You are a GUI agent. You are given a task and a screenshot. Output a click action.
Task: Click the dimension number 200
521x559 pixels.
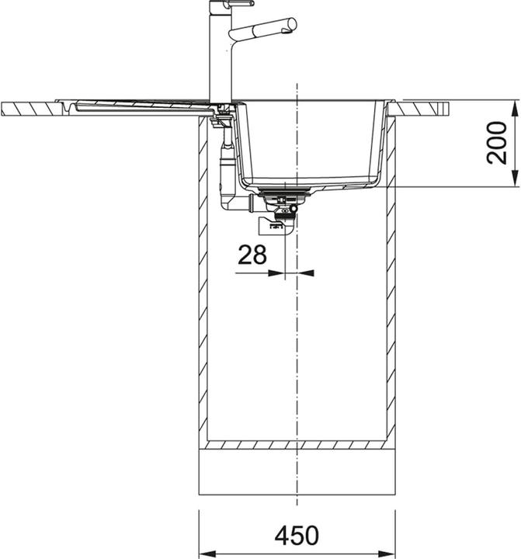coord(497,144)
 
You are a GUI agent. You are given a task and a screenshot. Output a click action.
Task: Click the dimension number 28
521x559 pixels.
coord(252,254)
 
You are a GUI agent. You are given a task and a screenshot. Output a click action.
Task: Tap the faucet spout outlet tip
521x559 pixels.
coord(292,26)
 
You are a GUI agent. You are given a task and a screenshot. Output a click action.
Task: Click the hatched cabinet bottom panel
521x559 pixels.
coord(298,446)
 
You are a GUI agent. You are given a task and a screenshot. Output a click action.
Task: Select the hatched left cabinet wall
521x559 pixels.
coord(203,279)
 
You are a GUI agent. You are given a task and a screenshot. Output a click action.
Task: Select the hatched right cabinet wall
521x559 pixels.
coord(391,279)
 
